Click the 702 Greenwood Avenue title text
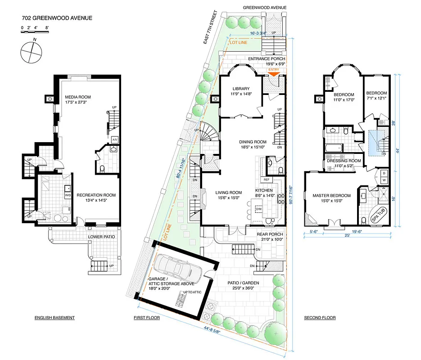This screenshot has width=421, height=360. [57, 18]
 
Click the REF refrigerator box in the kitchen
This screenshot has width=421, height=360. [267, 180]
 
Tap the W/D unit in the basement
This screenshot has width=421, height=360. [68, 195]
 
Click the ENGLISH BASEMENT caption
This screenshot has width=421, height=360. [54, 318]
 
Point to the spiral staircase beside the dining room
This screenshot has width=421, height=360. [208, 133]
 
